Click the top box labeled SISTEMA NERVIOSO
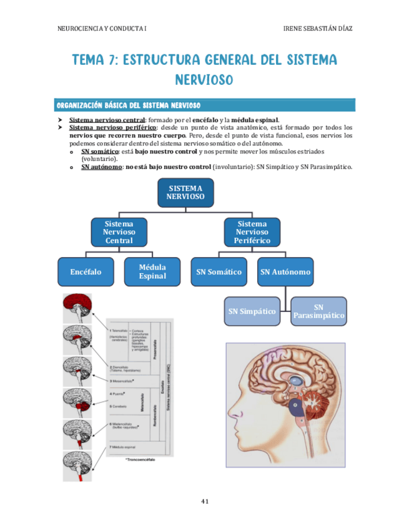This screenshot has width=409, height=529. [185, 192]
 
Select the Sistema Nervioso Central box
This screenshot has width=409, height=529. [119, 231]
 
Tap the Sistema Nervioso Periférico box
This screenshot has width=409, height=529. [252, 231]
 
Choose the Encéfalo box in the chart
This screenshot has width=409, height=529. [86, 272]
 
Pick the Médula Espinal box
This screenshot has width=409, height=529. [152, 272]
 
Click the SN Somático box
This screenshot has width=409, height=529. [219, 272]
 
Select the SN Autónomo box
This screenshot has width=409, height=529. [285, 272]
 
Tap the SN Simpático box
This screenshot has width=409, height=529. [252, 311]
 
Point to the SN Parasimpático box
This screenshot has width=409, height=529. [318, 311]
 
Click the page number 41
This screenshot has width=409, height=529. [204, 501]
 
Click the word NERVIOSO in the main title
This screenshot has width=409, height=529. [204, 80]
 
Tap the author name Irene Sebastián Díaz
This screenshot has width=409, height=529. [322, 29]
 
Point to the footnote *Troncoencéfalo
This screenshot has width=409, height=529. [140, 460]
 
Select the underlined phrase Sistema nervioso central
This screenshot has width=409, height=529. [107, 120]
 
